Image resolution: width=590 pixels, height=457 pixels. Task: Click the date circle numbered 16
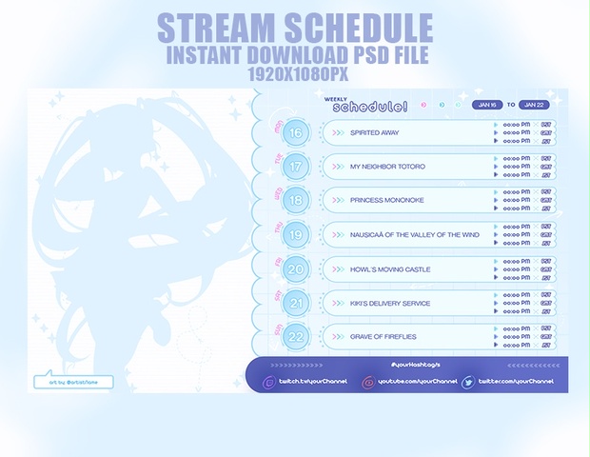click(297, 132)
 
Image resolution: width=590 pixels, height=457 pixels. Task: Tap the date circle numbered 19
click(297, 235)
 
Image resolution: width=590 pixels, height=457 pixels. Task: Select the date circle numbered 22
click(297, 337)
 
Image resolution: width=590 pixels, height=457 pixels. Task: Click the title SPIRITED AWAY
click(374, 132)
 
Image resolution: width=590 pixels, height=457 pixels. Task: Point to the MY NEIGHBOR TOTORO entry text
click(387, 167)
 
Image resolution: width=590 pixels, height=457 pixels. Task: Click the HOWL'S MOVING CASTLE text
click(390, 269)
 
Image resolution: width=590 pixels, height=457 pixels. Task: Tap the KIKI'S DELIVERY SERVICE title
click(390, 304)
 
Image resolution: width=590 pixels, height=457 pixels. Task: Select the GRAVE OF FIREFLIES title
click(383, 337)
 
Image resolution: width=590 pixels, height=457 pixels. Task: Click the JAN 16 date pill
click(486, 105)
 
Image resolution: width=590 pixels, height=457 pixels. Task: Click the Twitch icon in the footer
click(268, 382)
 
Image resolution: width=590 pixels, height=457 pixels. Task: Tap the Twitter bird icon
click(467, 382)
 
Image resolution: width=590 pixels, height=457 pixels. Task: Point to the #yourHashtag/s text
click(415, 366)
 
